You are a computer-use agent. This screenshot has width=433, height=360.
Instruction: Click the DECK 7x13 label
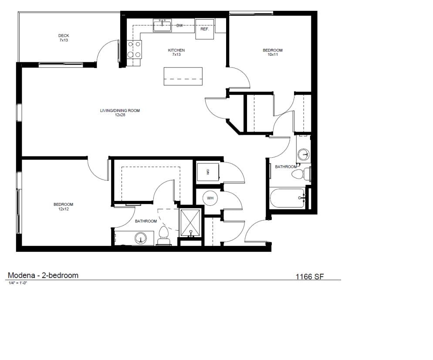[64, 38]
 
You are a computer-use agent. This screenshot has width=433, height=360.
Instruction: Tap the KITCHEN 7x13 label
[176, 52]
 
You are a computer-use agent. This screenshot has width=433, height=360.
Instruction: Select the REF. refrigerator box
[205, 29]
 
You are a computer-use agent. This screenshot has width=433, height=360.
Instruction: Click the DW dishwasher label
[179, 26]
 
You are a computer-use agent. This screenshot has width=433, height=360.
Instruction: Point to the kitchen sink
[162, 25]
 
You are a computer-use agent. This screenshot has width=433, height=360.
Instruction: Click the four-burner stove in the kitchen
[135, 49]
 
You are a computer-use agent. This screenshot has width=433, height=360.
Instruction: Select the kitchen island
[183, 76]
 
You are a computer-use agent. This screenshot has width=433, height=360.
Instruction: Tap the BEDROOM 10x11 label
[273, 52]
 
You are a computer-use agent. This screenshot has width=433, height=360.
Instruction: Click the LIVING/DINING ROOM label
[120, 112]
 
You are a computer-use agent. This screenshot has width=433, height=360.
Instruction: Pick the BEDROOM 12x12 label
[63, 207]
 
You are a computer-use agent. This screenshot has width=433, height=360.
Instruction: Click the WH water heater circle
[210, 198]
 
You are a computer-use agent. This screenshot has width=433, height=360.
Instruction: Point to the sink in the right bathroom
[303, 154]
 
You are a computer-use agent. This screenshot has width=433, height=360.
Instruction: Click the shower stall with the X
[190, 222]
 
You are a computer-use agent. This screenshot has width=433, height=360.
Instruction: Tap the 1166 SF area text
[309, 276]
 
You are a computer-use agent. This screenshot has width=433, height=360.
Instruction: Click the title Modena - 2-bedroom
[43, 275]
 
